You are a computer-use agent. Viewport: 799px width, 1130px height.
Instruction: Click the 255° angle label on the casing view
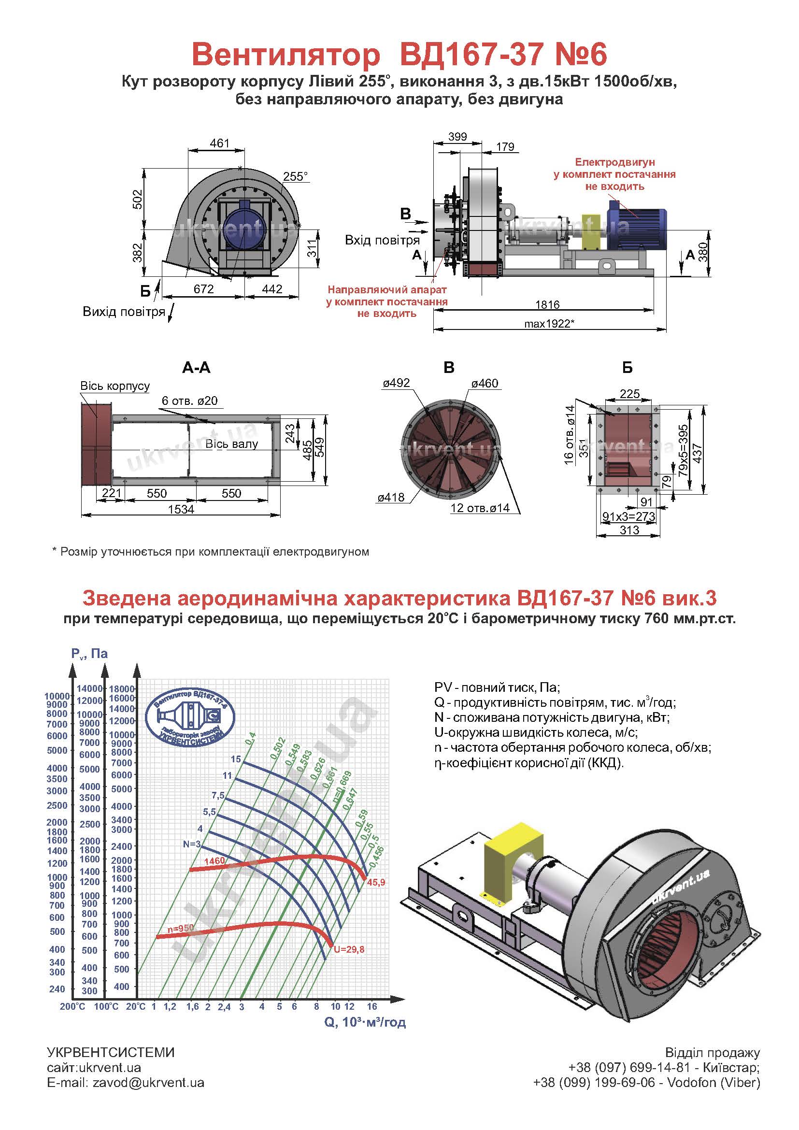pyautogui.click(x=295, y=177)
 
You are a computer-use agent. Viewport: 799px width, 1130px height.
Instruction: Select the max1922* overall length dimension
pyautogui.click(x=550, y=324)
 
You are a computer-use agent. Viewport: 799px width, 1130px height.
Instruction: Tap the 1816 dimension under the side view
pyautogui.click(x=547, y=305)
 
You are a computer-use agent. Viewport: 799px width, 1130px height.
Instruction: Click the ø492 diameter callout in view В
pyautogui.click(x=396, y=383)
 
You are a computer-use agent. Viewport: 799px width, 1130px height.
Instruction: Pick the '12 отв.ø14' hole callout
pyautogui.click(x=480, y=508)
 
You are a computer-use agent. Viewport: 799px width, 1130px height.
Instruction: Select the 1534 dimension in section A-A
pyautogui.click(x=181, y=509)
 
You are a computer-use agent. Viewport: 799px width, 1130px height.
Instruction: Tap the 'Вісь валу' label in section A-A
pyautogui.click(x=231, y=444)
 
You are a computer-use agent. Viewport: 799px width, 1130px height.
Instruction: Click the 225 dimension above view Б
pyautogui.click(x=630, y=394)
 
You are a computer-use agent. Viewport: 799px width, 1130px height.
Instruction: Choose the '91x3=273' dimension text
pyautogui.click(x=629, y=516)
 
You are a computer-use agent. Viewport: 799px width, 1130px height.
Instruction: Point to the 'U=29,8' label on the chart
pyautogui.click(x=349, y=949)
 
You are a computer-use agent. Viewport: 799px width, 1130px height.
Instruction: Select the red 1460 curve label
pyautogui.click(x=214, y=861)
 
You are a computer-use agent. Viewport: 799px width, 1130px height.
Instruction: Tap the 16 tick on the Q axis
pyautogui.click(x=372, y=1006)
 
